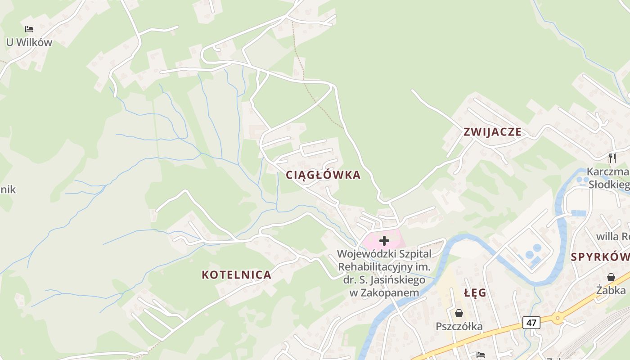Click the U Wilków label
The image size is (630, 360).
click(29, 42)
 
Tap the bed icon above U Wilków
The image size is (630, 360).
click(29, 29)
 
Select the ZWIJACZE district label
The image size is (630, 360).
click(493, 132)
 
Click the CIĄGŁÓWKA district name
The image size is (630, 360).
click(323, 175)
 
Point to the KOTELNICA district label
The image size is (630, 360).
click(236, 274)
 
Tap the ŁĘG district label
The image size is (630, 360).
click(475, 293)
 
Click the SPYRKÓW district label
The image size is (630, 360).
click(600, 257)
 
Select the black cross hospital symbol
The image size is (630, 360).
click(384, 241)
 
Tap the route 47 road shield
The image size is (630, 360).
click(531, 322)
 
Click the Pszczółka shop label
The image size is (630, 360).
click(459, 326)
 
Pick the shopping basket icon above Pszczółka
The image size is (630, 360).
click(459, 313)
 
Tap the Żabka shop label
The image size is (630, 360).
click(611, 290)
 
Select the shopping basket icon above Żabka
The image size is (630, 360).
click(611, 277)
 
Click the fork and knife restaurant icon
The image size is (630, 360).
click(612, 158)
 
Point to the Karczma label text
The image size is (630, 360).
click(607, 172)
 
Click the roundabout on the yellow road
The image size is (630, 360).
click(558, 318)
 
